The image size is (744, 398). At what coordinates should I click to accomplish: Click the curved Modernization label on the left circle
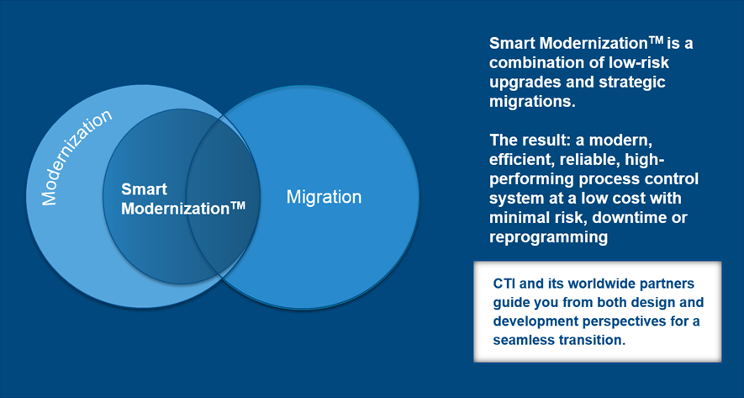pyautogui.click(x=77, y=157)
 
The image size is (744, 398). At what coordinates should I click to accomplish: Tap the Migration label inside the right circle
pyautogui.click(x=324, y=197)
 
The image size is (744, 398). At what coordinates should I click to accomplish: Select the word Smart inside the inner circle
pyautogui.click(x=145, y=189)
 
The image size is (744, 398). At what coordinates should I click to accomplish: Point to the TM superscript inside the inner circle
pyautogui.click(x=238, y=205)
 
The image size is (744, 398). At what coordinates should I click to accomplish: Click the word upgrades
pyautogui.click(x=525, y=82)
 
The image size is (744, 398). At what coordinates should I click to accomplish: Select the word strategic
pyautogui.click(x=632, y=82)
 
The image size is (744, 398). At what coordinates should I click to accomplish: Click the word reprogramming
pyautogui.click(x=548, y=237)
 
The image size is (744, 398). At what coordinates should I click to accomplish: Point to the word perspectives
pyautogui.click(x=624, y=321)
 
